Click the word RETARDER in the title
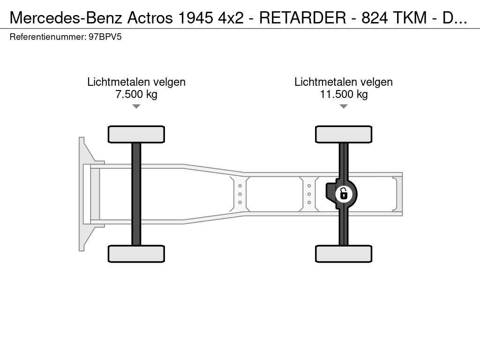click(302, 17)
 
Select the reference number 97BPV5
click(105, 37)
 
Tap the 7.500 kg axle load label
click(136, 94)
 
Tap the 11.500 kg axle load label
click(344, 94)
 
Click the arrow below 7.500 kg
click(136, 106)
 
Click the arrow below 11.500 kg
click(344, 106)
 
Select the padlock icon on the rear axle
click(344, 194)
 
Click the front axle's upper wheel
click(136, 134)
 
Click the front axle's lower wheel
click(136, 254)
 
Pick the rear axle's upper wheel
click(344, 134)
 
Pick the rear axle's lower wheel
click(344, 254)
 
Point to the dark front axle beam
click(136, 194)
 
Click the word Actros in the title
click(150, 17)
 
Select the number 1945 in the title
click(195, 17)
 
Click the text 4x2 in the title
click(231, 17)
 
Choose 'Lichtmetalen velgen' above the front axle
click(136, 82)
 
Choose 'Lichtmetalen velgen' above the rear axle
click(344, 82)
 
